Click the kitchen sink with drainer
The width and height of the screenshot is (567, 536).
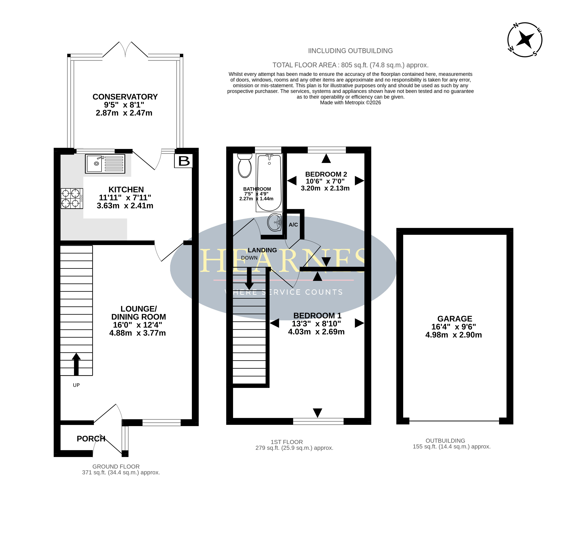click(x=105, y=164)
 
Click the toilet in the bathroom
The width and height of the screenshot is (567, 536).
click(x=245, y=166)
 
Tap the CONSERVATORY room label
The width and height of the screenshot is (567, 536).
click(x=125, y=97)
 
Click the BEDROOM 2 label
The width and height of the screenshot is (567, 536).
click(x=326, y=174)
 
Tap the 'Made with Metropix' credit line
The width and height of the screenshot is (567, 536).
click(x=350, y=103)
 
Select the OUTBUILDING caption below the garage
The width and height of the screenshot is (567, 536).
click(x=445, y=441)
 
